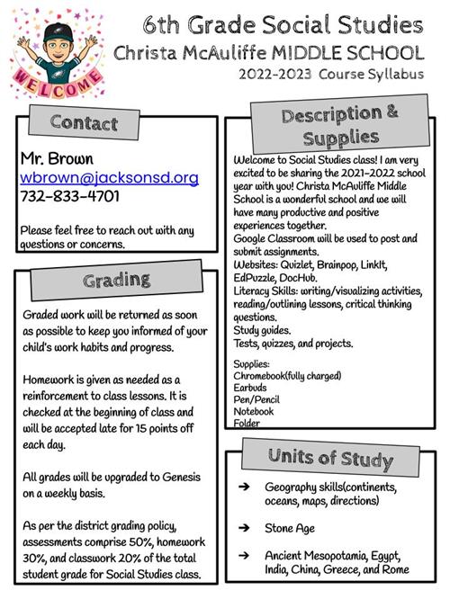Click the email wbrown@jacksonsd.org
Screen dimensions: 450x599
109,178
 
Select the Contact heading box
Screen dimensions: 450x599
84,122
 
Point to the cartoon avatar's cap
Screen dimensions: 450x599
58,28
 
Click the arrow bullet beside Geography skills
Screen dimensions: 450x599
243,487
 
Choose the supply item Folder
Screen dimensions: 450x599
247,423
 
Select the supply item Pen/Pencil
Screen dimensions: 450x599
256,398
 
